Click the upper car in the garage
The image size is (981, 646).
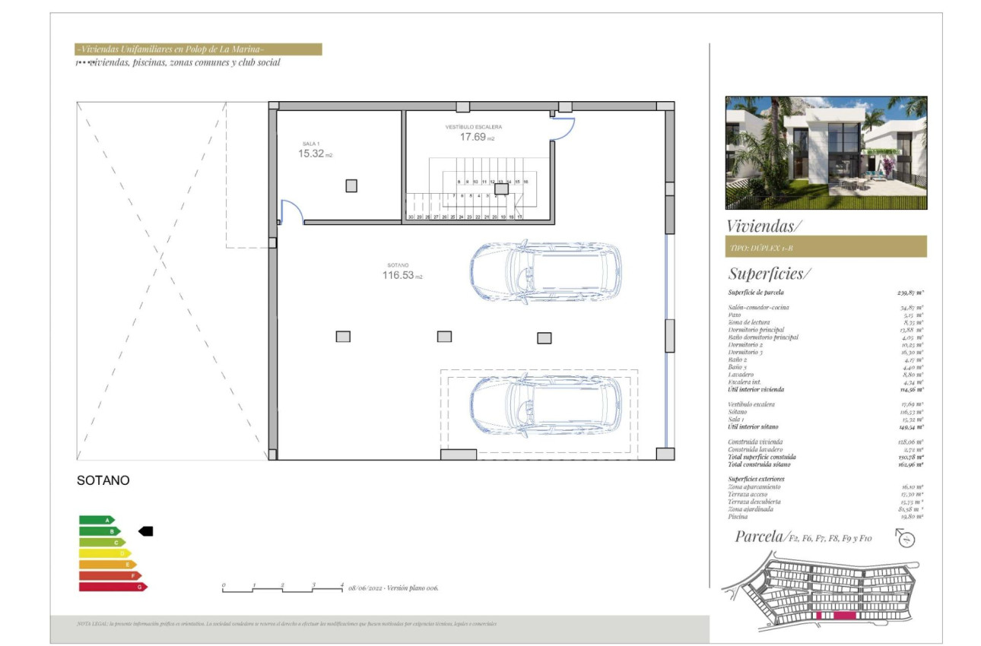[544, 271]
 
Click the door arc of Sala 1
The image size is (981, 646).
[292, 211]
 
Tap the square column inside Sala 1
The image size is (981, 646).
[351, 185]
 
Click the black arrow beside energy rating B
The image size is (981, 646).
[145, 531]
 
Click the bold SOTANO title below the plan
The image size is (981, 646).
[103, 480]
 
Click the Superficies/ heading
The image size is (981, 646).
[770, 274]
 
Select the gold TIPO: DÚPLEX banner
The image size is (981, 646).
[826, 247]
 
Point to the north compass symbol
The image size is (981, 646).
[906, 539]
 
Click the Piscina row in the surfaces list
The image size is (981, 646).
[826, 517]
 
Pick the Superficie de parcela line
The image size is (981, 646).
[826, 293]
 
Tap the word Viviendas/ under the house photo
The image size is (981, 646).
[764, 226]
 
